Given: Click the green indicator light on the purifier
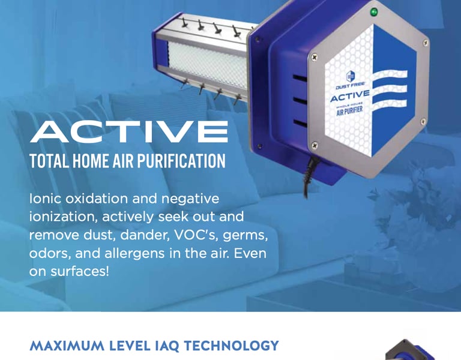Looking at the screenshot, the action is coord(374,13).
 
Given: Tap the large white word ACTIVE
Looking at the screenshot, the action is coord(129,132).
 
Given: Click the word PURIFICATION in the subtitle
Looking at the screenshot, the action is coord(181,161).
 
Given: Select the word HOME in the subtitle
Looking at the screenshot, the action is coord(90,161).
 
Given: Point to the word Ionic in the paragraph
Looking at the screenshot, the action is coord(45,199).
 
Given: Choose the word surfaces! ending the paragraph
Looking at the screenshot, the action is coord(80,272).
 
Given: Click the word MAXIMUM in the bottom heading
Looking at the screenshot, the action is coord(67,346).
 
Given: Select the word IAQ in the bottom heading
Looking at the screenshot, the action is coord(167,346).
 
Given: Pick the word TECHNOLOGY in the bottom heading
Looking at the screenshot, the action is coord(231,346).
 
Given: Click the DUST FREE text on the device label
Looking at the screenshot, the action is coord(351,86).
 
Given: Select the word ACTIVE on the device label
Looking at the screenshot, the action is coord(350,96).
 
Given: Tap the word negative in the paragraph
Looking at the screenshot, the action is coord(190,200).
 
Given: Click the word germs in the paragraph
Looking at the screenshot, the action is coord(245,236).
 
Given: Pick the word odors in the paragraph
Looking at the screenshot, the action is coord(50,254).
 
